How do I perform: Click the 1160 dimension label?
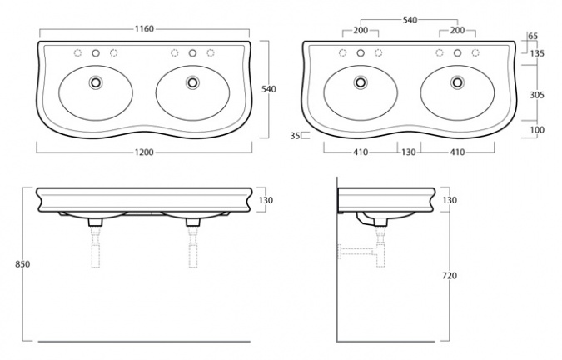144,28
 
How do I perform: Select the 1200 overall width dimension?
144,152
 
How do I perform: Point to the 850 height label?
22,264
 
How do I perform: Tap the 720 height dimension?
450,276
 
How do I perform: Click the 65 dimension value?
533,36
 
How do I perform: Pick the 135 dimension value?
537,54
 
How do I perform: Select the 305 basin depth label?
537,95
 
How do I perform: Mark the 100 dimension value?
537,130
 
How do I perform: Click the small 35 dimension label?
295,136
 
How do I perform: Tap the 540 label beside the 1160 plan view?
269,89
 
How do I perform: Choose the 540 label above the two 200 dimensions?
410,20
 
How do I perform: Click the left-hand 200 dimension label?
361,31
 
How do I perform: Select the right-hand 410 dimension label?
457,152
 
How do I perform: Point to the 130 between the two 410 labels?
409,152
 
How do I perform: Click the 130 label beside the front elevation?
266,200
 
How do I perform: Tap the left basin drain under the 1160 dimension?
96,82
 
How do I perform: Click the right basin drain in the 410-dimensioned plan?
457,82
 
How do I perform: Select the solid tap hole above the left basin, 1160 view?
96,53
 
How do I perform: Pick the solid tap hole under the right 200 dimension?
457,53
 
